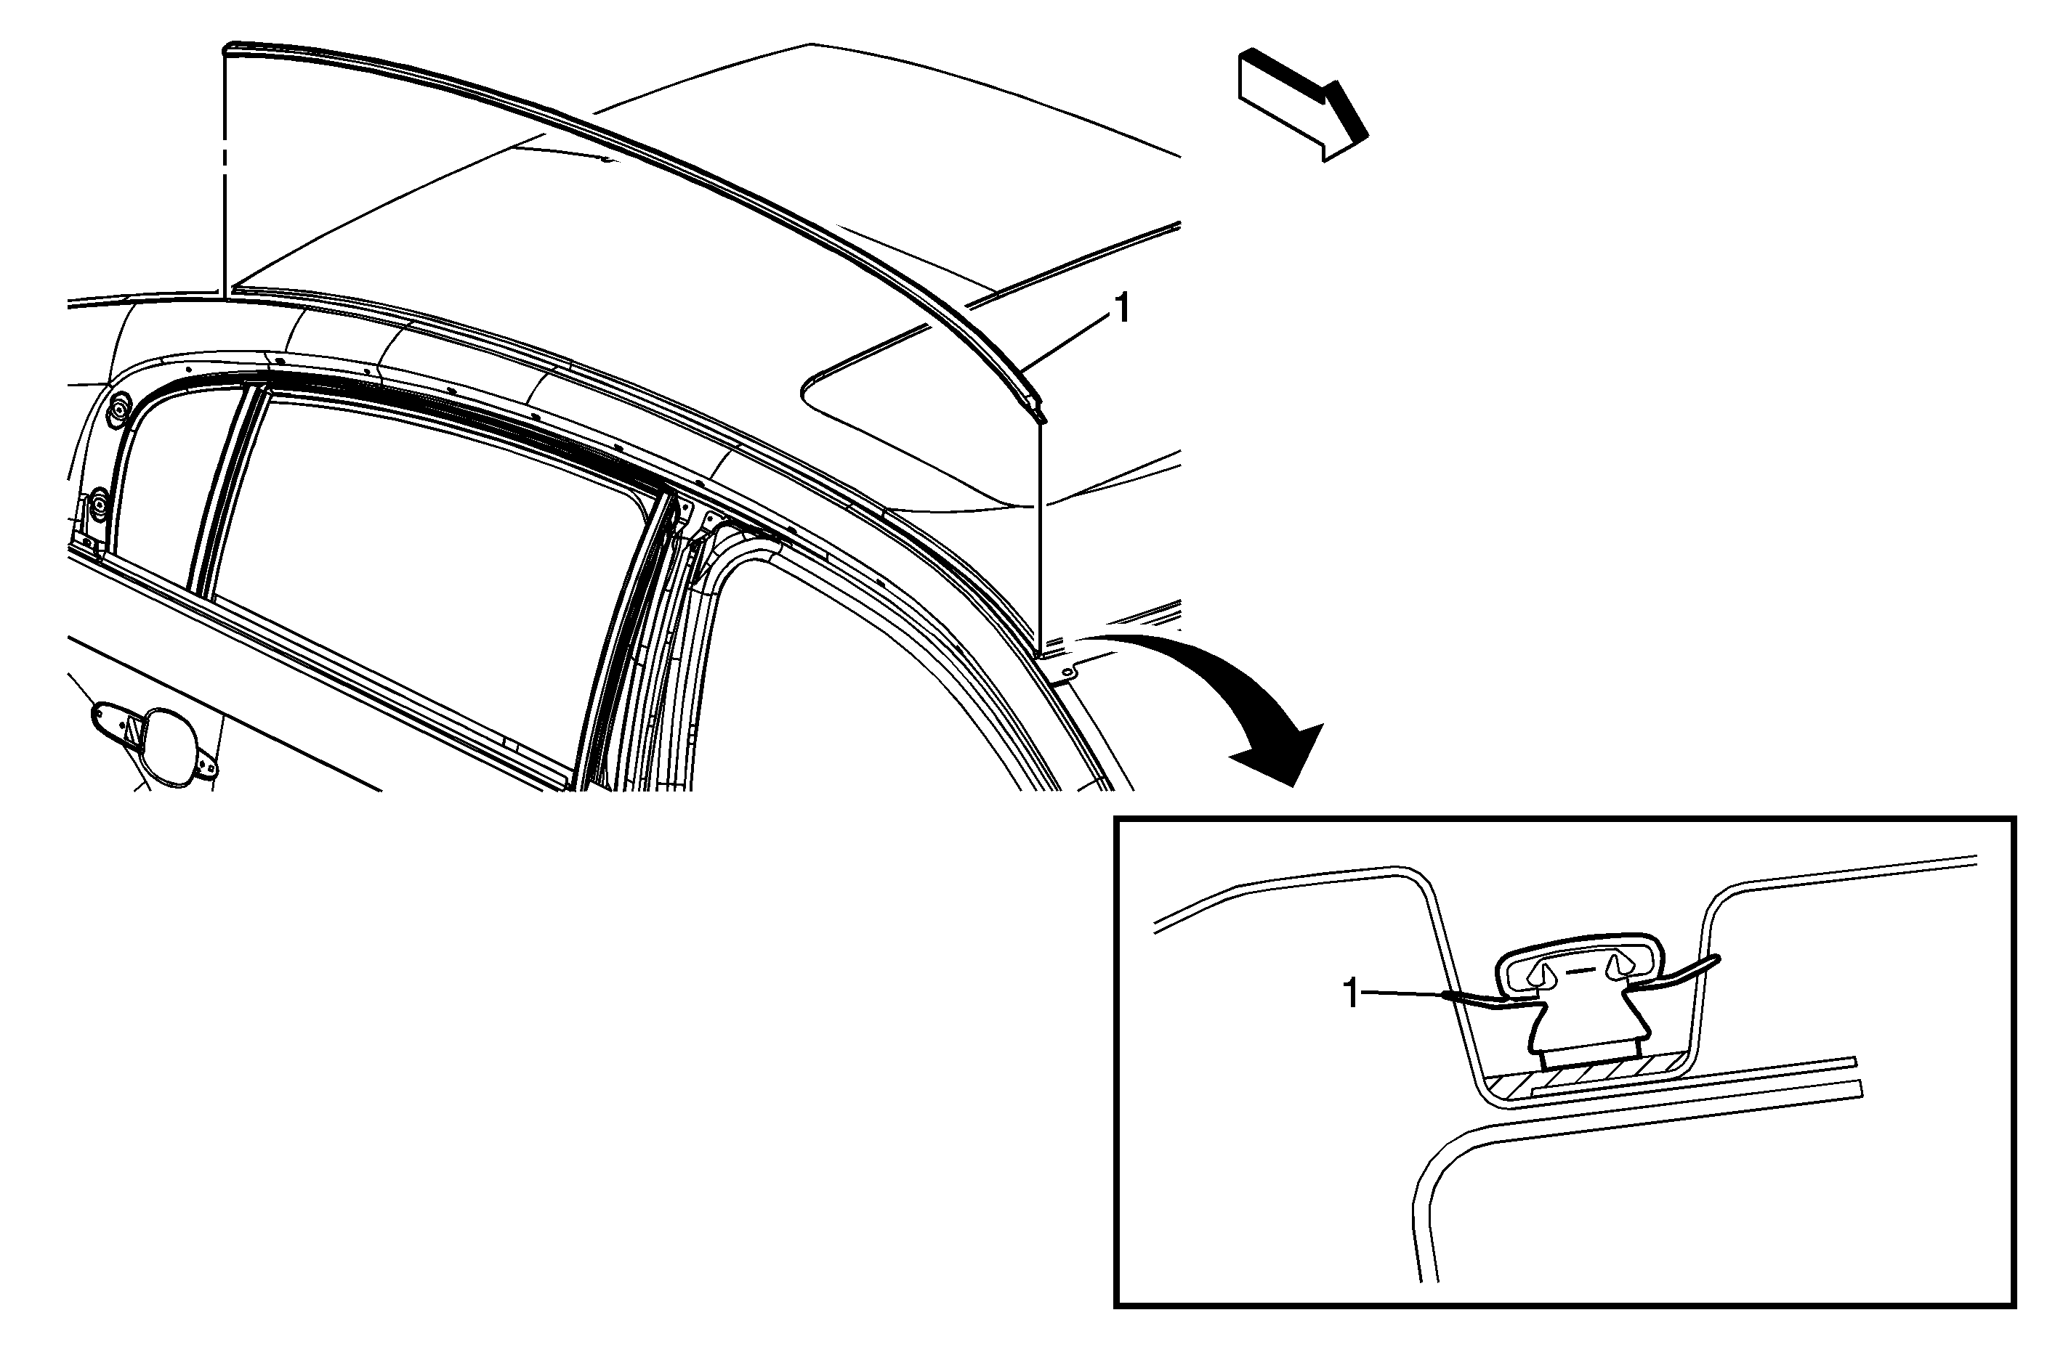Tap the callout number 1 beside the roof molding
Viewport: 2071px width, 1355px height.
pos(1123,309)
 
